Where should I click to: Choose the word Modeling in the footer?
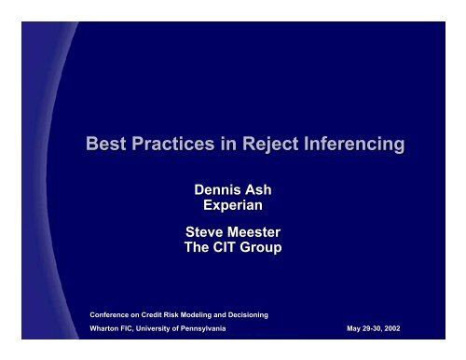[x=188, y=314]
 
